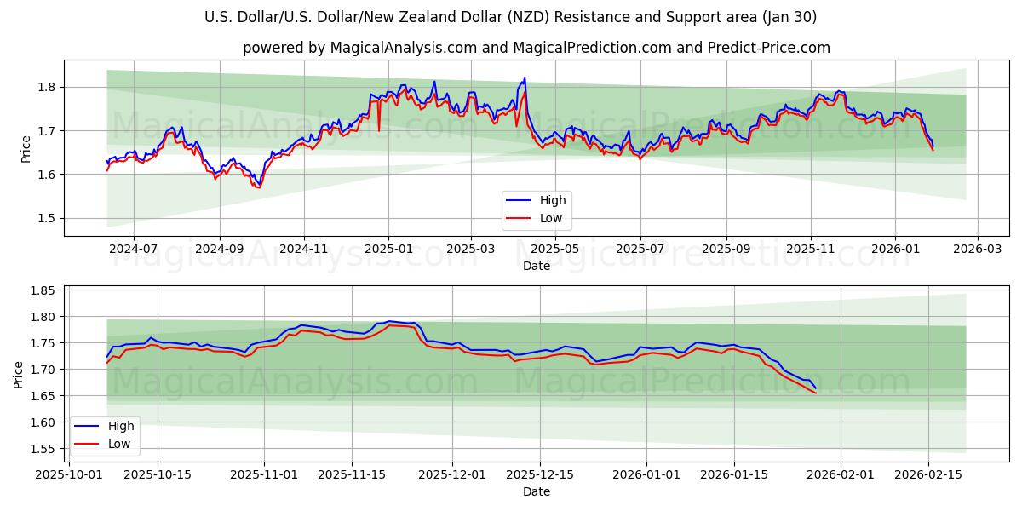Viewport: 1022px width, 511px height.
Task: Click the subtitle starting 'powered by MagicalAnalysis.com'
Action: tap(536, 48)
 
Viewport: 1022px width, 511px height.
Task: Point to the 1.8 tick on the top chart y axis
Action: tap(46, 87)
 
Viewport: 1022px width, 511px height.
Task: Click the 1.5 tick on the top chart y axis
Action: tap(46, 218)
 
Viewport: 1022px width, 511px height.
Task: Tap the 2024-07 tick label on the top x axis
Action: tap(134, 250)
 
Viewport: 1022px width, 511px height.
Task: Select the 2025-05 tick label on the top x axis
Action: tap(555, 250)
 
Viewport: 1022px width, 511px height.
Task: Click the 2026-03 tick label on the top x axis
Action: tap(977, 250)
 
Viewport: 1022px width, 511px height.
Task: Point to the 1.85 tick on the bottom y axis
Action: tap(43, 290)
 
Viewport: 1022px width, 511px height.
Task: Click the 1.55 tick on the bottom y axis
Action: tap(43, 449)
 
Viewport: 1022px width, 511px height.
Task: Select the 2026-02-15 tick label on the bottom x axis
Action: tap(928, 474)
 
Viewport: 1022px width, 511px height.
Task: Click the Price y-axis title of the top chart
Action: tap(26, 149)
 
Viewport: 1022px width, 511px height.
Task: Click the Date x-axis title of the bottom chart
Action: tap(536, 491)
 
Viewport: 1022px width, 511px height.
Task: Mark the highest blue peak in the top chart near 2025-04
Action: tap(525, 78)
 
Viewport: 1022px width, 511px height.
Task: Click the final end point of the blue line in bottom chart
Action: tap(816, 388)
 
